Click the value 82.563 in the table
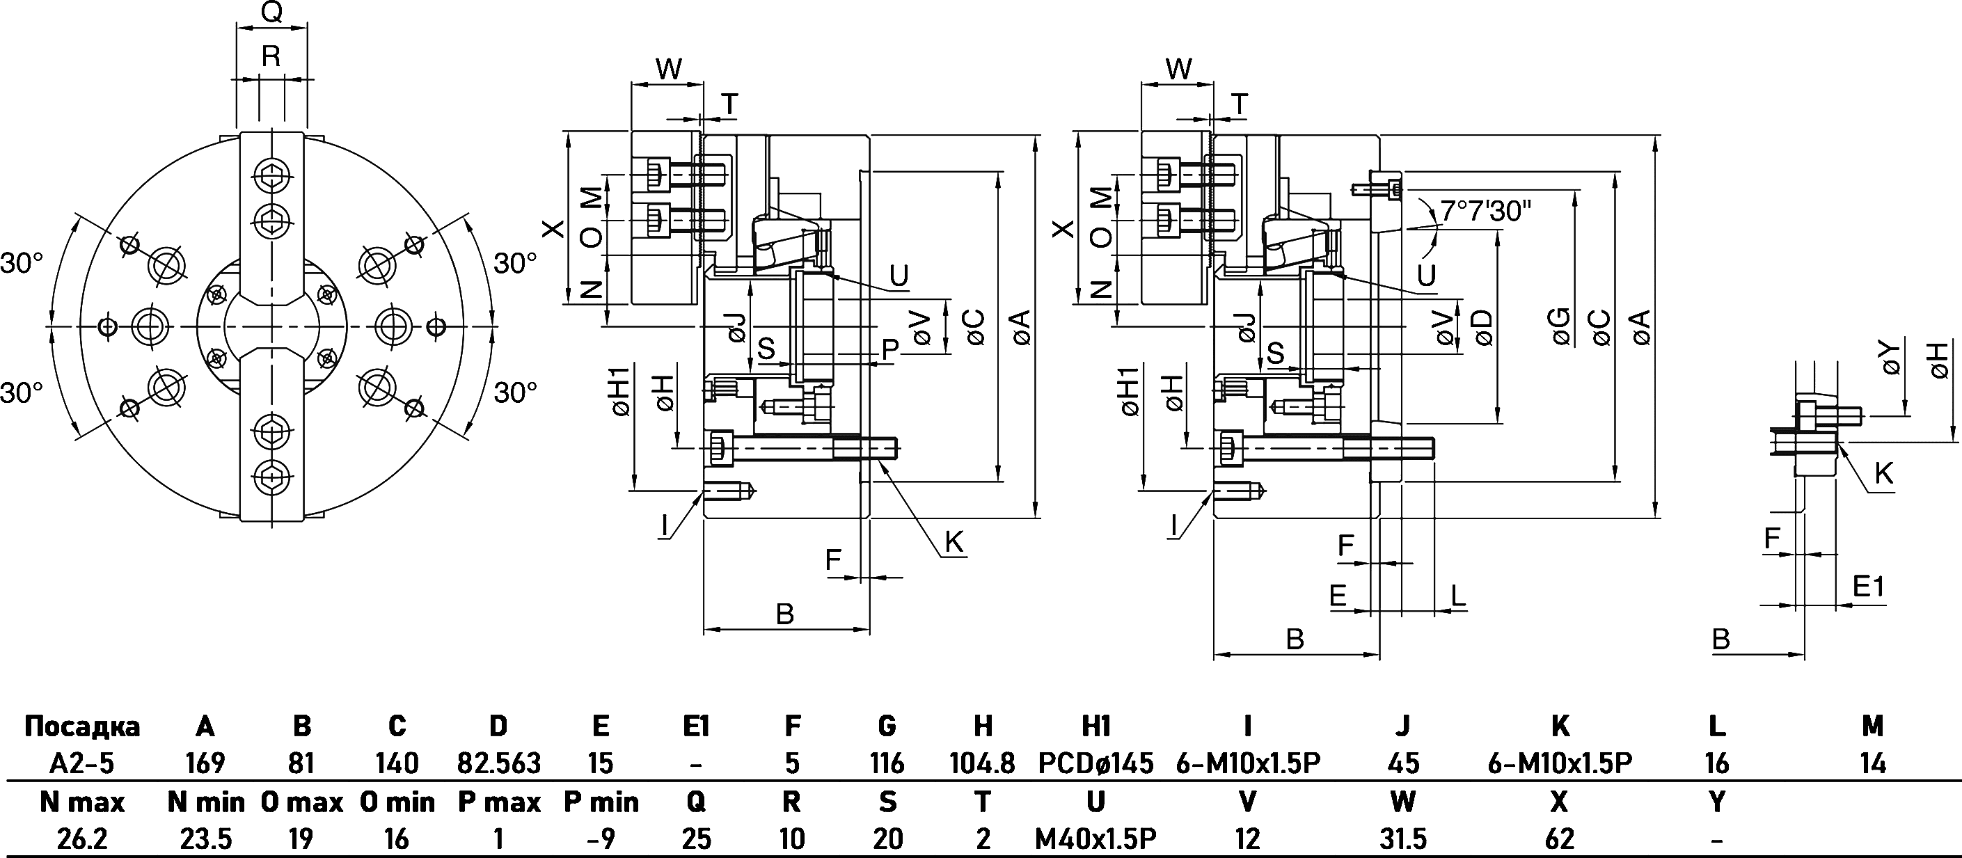click(498, 763)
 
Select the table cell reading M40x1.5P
click(1095, 839)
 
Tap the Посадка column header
click(82, 726)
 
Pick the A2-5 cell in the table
click(81, 763)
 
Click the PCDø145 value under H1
click(1095, 763)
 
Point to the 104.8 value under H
click(983, 763)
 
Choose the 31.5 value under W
click(1402, 839)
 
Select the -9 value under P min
click(601, 839)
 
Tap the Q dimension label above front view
click(271, 13)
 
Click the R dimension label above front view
click(271, 56)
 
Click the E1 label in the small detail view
click(1867, 586)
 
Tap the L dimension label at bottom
click(1457, 596)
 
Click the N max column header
click(82, 802)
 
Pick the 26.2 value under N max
click(82, 839)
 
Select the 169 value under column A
click(205, 763)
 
